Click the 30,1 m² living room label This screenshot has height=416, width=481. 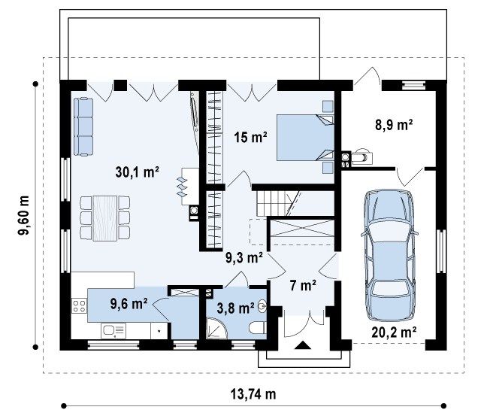click(x=137, y=172)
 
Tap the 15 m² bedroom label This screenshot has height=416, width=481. click(x=250, y=137)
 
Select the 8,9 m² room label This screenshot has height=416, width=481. click(x=394, y=125)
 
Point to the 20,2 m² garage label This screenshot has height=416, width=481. click(x=394, y=332)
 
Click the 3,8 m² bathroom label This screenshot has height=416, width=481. click(x=235, y=308)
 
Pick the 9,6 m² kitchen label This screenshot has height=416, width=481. click(x=129, y=304)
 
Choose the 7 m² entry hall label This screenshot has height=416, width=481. click(x=303, y=286)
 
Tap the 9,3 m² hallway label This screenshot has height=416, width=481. click(x=244, y=258)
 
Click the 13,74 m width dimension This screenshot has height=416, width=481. click(x=253, y=394)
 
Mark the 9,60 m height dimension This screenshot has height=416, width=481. click(x=23, y=215)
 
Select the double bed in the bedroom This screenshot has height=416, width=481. click(x=305, y=138)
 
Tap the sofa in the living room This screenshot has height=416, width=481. click(x=83, y=126)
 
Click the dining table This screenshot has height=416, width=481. click(x=104, y=218)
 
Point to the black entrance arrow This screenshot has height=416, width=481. click(x=303, y=345)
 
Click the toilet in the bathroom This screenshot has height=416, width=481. click(x=257, y=328)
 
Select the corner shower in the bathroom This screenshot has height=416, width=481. click(x=217, y=328)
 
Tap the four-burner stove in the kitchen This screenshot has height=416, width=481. click(x=79, y=306)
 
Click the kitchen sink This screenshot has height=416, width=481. click(x=113, y=330)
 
